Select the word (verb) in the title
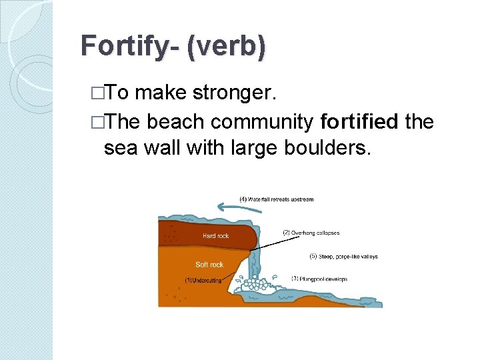[227, 46]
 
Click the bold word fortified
[359, 123]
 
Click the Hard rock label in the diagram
[215, 235]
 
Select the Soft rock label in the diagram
[209, 264]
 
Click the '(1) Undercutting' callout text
[203, 280]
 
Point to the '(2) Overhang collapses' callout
[311, 233]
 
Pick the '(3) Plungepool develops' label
[319, 279]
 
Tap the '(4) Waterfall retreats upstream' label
[277, 199]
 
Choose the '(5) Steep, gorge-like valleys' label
[345, 256]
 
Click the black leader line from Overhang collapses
[267, 242]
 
